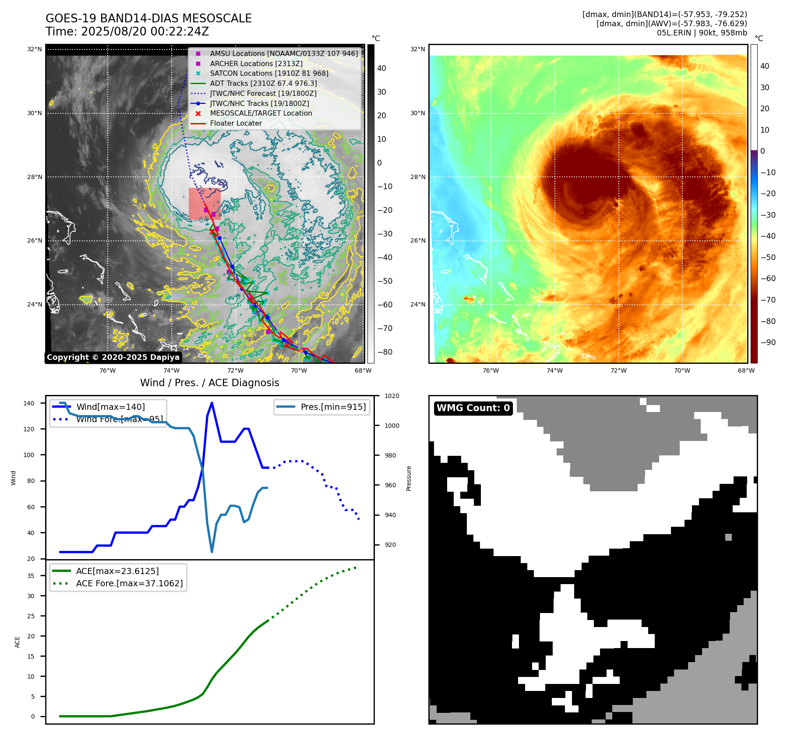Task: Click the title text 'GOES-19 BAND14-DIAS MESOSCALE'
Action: point(148,18)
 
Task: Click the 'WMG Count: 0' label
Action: point(473,408)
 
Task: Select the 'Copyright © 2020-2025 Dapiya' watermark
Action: point(113,357)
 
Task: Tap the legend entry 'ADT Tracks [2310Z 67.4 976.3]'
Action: point(263,83)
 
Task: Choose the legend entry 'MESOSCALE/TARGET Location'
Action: point(261,113)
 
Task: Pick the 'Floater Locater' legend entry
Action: point(236,123)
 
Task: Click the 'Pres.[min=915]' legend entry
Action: point(333,407)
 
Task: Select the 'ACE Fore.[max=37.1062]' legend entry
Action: point(129,583)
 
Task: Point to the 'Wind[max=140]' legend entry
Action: point(110,407)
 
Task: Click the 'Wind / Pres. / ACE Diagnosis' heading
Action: point(209,383)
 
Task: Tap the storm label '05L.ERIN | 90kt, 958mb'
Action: point(702,33)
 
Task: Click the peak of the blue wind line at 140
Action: point(212,403)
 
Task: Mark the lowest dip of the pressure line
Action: point(212,552)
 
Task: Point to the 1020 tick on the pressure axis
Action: point(392,396)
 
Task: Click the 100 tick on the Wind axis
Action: point(28,455)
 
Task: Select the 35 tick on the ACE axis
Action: point(31,576)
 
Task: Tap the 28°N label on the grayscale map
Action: point(35,177)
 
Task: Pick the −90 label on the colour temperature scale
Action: point(768,342)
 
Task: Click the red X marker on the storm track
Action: point(212,231)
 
